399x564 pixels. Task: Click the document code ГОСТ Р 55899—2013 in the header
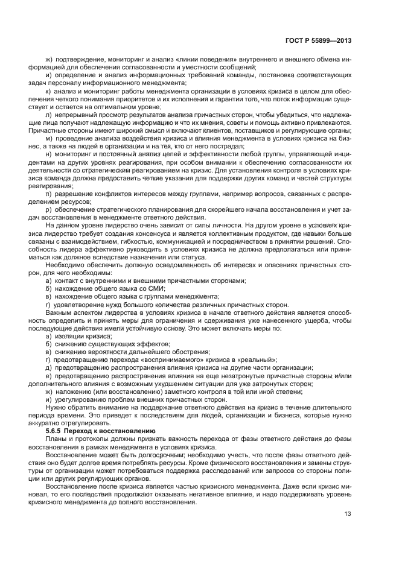point(319,41)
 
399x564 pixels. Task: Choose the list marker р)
point(49,209)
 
